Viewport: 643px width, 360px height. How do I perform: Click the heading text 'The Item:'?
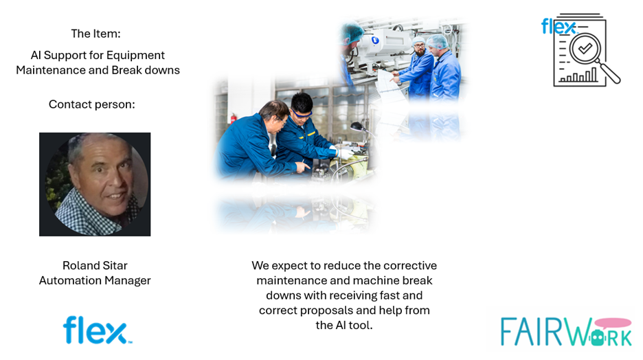tap(95, 34)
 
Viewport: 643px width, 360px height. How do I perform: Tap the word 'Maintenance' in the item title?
tap(51, 70)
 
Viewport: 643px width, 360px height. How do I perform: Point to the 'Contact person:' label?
tap(91, 104)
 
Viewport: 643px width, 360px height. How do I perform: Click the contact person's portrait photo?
tap(95, 184)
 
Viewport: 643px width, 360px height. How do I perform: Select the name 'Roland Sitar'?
tap(95, 265)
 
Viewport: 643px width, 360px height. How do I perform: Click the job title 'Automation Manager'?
tap(95, 280)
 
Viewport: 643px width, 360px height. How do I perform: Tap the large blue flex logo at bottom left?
tap(96, 330)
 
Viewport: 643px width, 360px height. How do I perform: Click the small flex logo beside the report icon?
tap(557, 27)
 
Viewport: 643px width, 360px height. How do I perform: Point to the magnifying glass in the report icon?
tap(590, 51)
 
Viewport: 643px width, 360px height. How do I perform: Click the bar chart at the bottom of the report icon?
tap(578, 75)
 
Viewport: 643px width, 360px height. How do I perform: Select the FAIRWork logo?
tap(565, 331)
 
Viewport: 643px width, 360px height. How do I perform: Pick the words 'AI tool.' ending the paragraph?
tap(354, 326)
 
